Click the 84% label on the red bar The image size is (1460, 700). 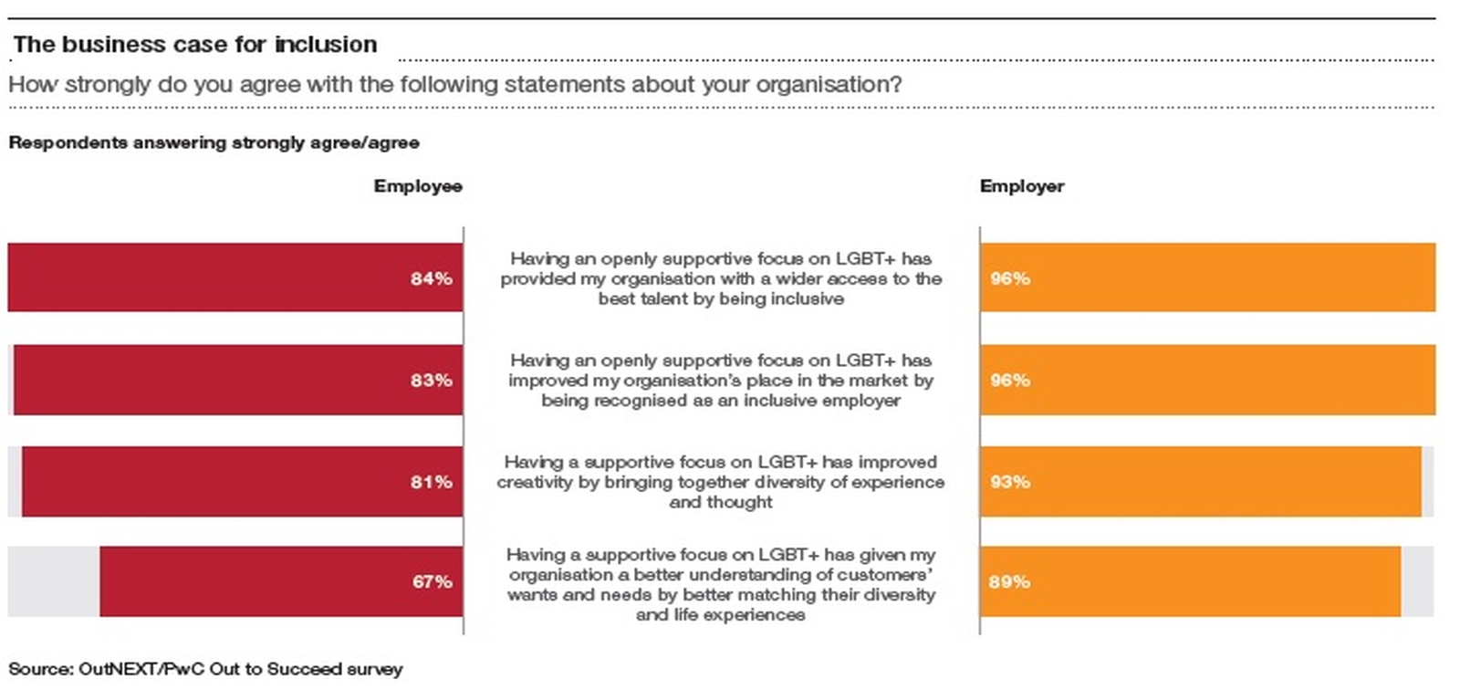coord(431,278)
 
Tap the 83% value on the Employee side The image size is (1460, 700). coord(431,380)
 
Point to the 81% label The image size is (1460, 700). coord(431,481)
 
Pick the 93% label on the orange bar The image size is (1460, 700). coord(1009,481)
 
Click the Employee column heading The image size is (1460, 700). coord(417,186)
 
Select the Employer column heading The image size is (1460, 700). coord(1021,186)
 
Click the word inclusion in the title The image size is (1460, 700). coord(326,44)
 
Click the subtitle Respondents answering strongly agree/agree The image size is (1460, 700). coord(214,142)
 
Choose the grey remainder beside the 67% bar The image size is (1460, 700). coord(53,581)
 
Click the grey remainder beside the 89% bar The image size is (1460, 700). coord(1416,581)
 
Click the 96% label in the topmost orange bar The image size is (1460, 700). coord(1009,278)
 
